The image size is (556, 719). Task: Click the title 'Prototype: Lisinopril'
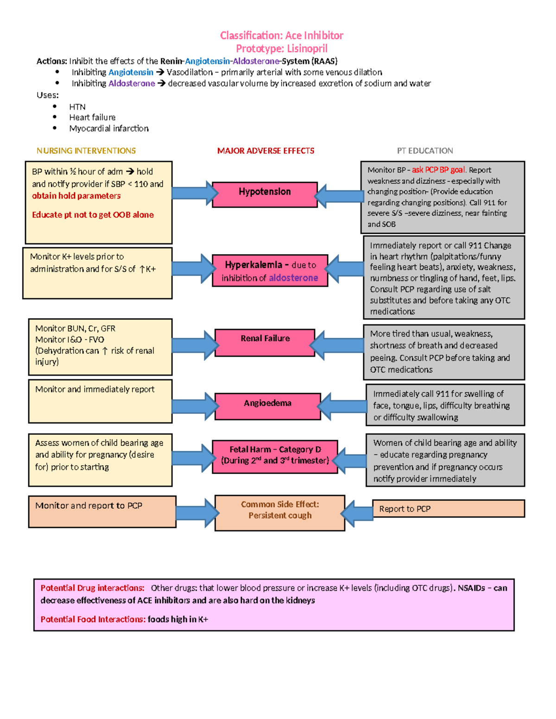point(281,49)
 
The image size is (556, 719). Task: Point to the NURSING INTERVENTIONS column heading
point(86,151)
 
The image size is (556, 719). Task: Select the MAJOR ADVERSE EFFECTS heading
point(265,151)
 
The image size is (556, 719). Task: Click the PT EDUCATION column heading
point(425,151)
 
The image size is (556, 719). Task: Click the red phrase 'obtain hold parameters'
point(76,196)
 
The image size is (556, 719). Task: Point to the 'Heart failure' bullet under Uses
point(92,118)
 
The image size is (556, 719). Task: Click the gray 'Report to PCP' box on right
point(448,508)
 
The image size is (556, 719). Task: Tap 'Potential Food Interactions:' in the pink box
point(93,619)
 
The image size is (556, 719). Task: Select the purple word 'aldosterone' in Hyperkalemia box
point(293,278)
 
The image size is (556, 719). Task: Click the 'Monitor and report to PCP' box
point(102,512)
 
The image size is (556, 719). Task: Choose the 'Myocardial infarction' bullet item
point(109,129)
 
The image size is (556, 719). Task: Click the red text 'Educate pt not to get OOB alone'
point(93,215)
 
